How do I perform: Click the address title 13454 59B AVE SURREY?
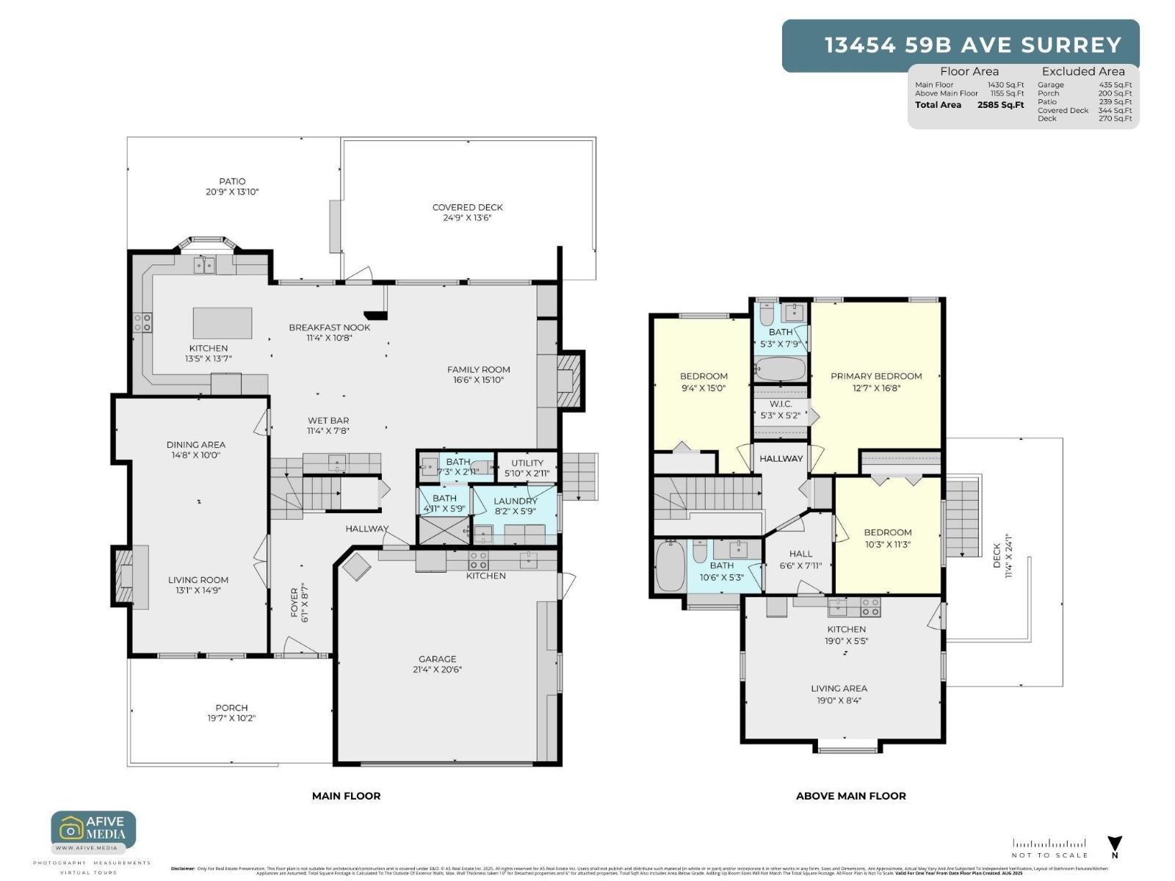(x=973, y=46)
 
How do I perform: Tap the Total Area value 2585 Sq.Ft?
(x=1000, y=105)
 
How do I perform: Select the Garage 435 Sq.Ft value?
(x=1115, y=85)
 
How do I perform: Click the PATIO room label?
(x=232, y=181)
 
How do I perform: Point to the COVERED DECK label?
(x=467, y=207)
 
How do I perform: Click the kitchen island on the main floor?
(x=222, y=322)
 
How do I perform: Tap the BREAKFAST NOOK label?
(x=329, y=327)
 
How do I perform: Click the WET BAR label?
(x=328, y=421)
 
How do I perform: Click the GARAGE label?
(x=437, y=659)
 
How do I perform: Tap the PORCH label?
(x=231, y=708)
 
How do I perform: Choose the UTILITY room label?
(x=527, y=463)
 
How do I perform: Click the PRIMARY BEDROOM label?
(x=876, y=376)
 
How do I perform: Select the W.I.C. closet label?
(x=781, y=404)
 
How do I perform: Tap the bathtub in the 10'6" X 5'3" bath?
(x=670, y=566)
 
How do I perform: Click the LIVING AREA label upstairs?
(x=839, y=688)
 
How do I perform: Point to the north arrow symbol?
(x=1115, y=844)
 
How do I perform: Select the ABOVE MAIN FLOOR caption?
(x=850, y=796)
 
